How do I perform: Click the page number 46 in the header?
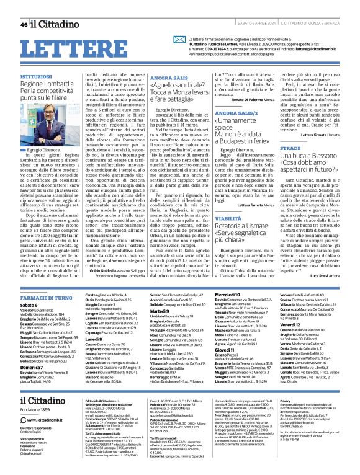(x=24, y=25)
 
